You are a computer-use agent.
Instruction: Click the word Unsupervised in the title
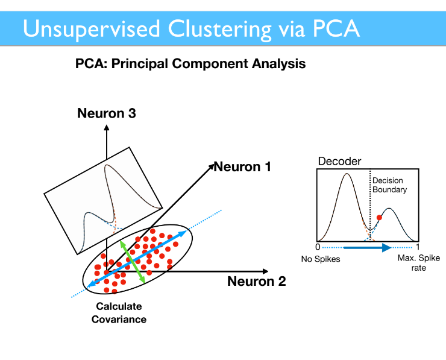coord(91,29)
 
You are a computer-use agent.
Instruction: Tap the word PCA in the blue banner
coord(336,28)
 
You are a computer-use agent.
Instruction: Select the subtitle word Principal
coord(141,64)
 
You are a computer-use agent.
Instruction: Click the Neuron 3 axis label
coord(107,113)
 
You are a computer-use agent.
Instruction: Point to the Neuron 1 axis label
coord(242,167)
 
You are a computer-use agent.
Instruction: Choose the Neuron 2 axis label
coord(257,281)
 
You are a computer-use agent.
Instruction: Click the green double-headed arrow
coord(132,262)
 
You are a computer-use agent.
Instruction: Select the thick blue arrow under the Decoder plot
coord(368,248)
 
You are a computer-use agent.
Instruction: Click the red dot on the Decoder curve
coord(379,218)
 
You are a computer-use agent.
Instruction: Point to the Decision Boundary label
coord(389,185)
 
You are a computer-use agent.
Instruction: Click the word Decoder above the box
coord(339,162)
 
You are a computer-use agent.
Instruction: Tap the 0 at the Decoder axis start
coord(318,247)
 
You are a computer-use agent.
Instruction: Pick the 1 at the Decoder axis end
coord(418,247)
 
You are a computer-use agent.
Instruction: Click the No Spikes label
coord(321,259)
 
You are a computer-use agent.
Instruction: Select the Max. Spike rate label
coord(419,263)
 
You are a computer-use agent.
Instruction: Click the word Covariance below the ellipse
coord(119,320)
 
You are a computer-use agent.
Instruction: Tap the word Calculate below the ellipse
coord(119,306)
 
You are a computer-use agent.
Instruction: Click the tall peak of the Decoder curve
coord(347,174)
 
